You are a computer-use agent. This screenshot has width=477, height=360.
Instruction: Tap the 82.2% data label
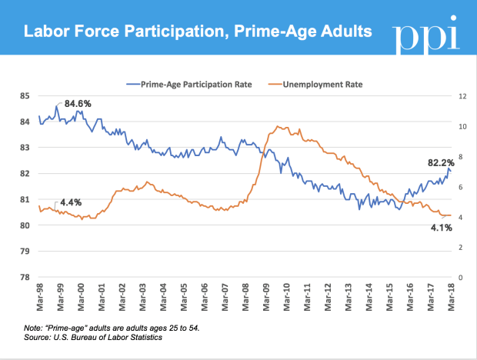443,162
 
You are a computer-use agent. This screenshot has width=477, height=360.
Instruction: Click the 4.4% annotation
70,202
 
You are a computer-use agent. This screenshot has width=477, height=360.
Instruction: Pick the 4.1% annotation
441,228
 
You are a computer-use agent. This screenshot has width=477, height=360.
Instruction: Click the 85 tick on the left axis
25,96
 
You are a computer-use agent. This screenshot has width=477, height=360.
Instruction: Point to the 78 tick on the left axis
25,278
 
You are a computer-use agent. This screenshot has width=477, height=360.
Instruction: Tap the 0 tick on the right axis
461,278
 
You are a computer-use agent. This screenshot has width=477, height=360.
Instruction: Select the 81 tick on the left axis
25,199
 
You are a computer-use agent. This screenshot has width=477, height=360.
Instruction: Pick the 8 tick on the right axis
461,157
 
